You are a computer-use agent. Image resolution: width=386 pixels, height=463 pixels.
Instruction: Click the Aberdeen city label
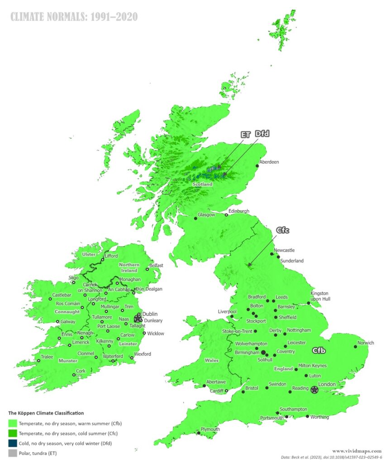coord(269,162)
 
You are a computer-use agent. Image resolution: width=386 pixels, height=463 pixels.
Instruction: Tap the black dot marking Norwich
coord(355,347)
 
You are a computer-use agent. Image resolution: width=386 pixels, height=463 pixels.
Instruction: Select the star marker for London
coord(314,389)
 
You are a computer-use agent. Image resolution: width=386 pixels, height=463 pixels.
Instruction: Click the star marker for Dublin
coord(138,319)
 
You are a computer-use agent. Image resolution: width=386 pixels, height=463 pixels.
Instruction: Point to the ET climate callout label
coord(246,134)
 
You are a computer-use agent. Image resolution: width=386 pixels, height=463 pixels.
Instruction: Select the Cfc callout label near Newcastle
coord(281,230)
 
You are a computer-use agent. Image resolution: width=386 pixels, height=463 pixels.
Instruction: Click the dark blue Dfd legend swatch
coord(12,443)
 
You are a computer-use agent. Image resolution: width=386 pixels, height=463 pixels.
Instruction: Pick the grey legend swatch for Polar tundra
coord(12,453)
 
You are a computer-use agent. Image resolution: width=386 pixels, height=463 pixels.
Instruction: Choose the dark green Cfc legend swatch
coord(12,434)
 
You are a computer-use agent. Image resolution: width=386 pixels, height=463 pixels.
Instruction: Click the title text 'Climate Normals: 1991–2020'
coord(74,17)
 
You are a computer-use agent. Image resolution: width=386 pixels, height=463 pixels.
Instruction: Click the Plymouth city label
coord(210,429)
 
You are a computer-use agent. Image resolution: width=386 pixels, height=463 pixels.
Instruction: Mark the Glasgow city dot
coord(195,218)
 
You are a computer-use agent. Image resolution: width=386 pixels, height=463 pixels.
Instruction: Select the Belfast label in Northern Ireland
coord(156,265)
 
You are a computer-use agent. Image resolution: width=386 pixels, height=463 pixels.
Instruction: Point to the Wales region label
coord(211,360)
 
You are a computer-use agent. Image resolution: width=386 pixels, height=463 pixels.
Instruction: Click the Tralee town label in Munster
coord(48,357)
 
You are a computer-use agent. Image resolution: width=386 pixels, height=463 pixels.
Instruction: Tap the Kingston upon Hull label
coord(319,296)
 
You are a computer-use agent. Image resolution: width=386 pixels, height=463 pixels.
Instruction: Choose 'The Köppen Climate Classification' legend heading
coord(46,413)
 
